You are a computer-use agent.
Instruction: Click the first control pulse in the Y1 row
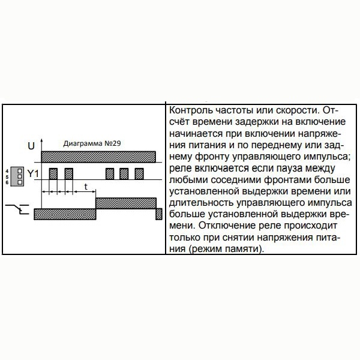(53, 174)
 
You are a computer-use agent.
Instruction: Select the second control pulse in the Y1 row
(68, 174)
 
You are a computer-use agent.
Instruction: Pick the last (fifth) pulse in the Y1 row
(139, 174)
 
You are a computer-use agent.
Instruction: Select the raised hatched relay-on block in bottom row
(126, 203)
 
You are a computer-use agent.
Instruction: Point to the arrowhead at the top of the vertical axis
(42, 141)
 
